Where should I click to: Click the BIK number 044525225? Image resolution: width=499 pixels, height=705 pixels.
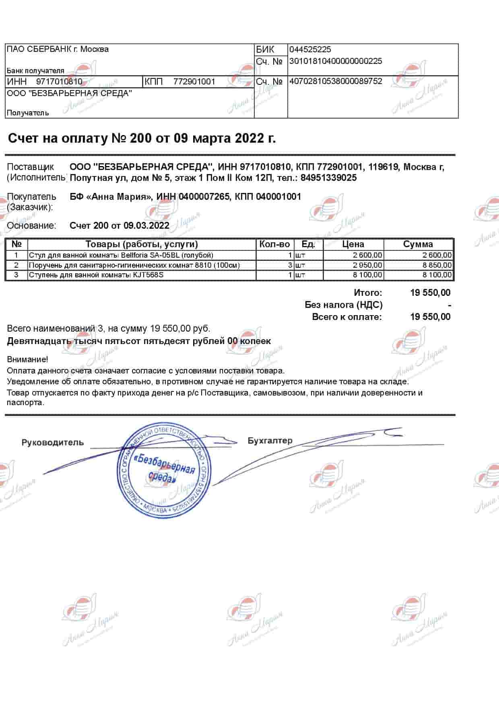point(310,49)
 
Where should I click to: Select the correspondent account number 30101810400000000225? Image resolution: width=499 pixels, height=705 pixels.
point(336,61)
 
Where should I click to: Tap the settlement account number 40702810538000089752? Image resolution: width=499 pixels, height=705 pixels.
point(336,81)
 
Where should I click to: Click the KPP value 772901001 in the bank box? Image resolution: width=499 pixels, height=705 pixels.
point(194,82)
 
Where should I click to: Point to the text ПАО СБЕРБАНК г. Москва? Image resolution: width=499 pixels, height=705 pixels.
point(58,49)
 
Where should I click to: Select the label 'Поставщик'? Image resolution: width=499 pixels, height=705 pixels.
point(31,167)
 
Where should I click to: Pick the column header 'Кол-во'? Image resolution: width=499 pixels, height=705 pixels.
point(274,244)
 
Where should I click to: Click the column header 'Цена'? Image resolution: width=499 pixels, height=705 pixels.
point(353,244)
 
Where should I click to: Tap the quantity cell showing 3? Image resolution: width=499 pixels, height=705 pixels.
point(289,265)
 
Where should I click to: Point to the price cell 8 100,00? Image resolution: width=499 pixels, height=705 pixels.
point(367,275)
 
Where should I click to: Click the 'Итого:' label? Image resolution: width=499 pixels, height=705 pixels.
point(368,293)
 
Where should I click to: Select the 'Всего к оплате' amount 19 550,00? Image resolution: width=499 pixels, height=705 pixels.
point(430,317)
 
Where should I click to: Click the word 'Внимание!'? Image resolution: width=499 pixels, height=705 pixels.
point(27,359)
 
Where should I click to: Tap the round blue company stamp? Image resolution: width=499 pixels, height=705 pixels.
point(163,470)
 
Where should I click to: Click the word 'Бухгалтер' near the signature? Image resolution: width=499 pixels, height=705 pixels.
point(270,441)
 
